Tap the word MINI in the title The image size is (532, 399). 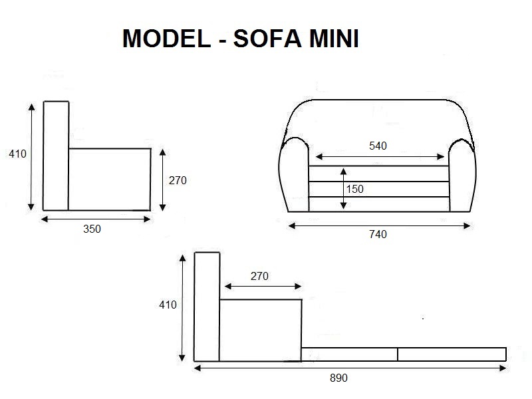(x=334, y=39)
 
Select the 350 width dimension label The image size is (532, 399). (x=92, y=229)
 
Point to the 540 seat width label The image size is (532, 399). (x=378, y=146)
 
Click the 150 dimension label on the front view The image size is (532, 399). (x=355, y=189)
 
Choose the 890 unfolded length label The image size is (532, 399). (x=338, y=378)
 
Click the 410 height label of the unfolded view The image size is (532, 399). (x=168, y=305)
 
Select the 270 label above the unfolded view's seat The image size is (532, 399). (x=259, y=276)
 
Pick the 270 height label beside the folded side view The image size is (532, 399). (x=178, y=180)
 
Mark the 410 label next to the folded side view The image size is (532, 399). (x=17, y=154)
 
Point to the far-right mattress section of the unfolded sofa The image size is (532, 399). (x=452, y=354)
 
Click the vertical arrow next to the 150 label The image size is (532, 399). (x=343, y=189)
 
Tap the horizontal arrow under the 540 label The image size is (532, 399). (x=380, y=157)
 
